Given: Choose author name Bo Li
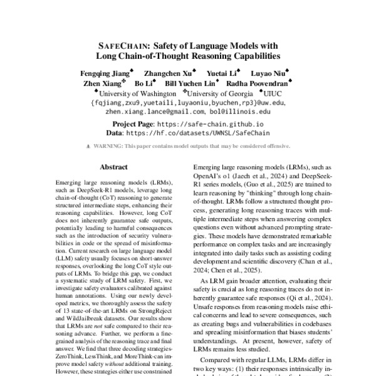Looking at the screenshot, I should [144, 83].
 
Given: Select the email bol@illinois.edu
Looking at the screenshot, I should [239, 111].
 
